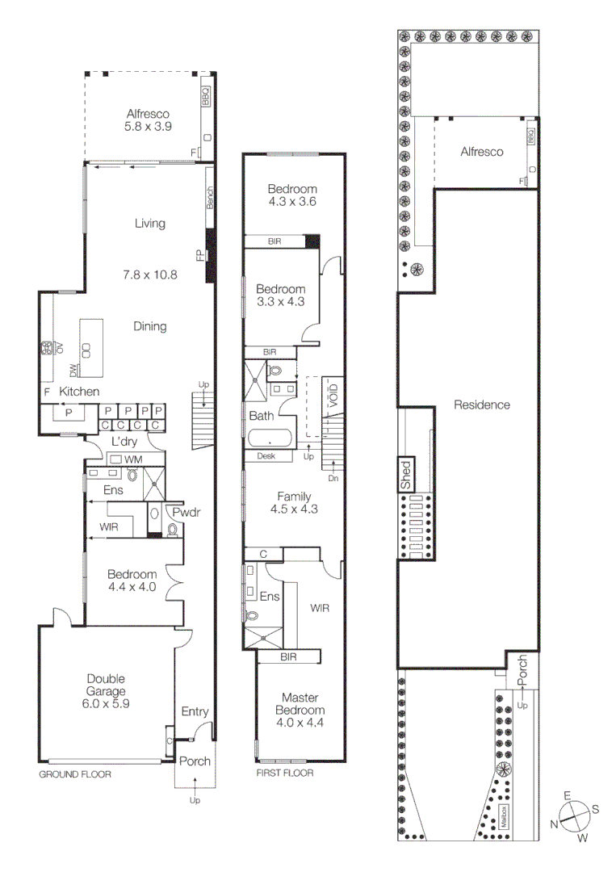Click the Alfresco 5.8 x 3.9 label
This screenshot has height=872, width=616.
coord(148,120)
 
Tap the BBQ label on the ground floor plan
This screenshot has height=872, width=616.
coord(205,97)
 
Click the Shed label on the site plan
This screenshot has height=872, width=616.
coord(407,476)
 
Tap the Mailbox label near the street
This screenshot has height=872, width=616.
coord(501,817)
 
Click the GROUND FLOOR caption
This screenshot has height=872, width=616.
coord(75,773)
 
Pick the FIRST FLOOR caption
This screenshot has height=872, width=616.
coord(285,773)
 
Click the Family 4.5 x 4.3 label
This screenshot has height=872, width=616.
coord(294,503)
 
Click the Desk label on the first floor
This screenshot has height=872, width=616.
coord(266,456)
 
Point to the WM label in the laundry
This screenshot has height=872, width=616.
coord(133,459)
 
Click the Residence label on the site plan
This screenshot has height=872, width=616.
coord(481,405)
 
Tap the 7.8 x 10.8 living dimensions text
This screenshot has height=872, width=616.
coord(150,275)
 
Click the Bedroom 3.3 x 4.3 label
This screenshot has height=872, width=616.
coord(280,296)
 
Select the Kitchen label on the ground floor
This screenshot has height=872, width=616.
coord(79,392)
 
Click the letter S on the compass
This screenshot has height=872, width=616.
coord(595,809)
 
